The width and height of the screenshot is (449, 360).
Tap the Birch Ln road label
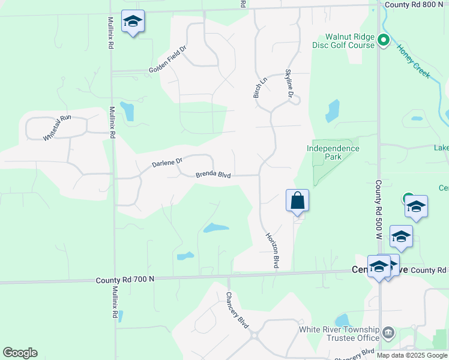click(259, 88)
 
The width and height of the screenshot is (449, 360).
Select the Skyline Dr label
click(289, 84)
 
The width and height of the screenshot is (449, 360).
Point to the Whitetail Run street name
click(57, 128)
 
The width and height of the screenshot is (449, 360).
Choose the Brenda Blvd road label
click(213, 175)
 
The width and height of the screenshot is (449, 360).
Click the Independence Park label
click(333, 152)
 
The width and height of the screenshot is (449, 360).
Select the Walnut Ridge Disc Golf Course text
click(343, 41)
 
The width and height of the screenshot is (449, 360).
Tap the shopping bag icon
click(297, 200)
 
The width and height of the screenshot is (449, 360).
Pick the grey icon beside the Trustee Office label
click(388, 332)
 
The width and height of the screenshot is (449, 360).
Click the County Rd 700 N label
click(125, 280)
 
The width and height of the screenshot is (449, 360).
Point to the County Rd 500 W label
click(379, 207)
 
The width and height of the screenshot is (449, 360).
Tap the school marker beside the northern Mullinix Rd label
click(133, 22)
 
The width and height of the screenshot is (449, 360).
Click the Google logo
click(20, 353)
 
